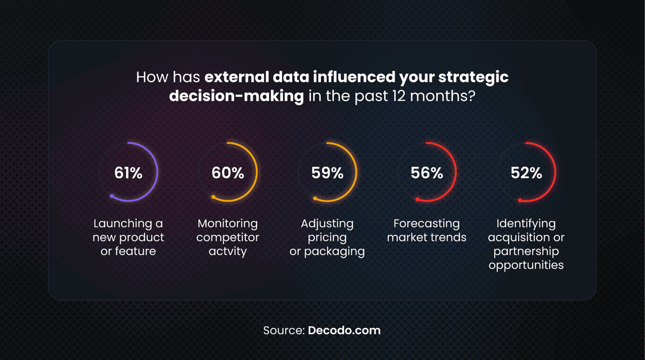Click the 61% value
(129, 173)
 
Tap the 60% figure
(228, 173)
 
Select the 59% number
(327, 173)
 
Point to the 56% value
(427, 173)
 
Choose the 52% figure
(526, 173)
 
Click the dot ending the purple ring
(112, 196)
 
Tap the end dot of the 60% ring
(214, 197)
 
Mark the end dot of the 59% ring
(315, 198)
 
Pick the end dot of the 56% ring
(417, 199)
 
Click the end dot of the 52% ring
(520, 200)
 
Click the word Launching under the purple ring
(123, 224)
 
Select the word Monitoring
(228, 224)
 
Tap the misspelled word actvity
(228, 251)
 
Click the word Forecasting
(427, 224)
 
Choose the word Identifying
(526, 224)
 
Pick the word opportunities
(526, 265)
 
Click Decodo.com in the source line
(344, 330)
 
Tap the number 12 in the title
(399, 96)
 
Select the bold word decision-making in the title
(236, 96)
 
